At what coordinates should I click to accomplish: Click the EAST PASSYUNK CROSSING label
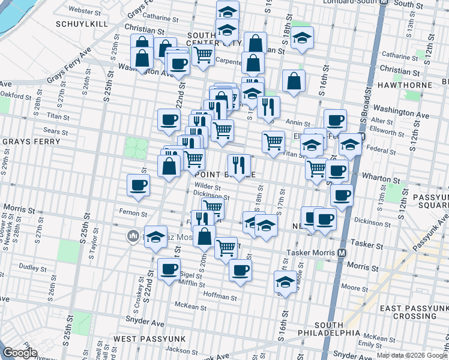point(414,312)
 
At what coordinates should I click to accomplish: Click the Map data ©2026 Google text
point(412,355)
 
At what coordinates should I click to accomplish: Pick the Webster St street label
point(83,10)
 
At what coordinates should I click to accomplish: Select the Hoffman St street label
point(221,296)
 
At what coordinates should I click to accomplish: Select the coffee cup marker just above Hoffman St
point(240,270)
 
